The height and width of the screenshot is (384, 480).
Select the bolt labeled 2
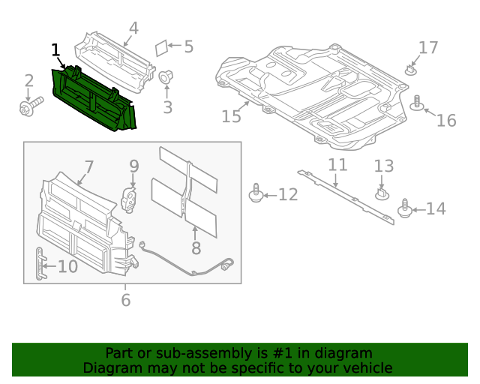click(28, 109)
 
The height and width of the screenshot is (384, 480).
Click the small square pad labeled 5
click(160, 48)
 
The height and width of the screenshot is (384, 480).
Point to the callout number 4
click(133, 28)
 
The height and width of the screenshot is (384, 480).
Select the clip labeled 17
click(412, 70)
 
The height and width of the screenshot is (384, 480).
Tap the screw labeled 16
click(418, 103)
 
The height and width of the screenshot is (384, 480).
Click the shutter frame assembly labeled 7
click(82, 221)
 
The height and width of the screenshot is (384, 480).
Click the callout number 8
click(196, 247)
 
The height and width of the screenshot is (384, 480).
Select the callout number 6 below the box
click(125, 300)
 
